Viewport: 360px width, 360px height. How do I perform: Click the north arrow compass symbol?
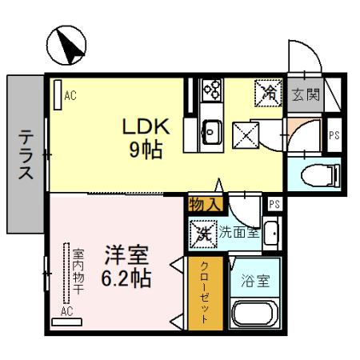click(66, 46)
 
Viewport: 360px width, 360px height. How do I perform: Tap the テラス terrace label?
click(25, 157)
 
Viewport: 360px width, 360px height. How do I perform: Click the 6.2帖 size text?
click(127, 280)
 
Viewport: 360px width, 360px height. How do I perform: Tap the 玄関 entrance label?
click(305, 95)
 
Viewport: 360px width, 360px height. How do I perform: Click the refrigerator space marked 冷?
click(268, 94)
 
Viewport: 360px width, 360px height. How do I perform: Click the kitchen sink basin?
click(213, 129)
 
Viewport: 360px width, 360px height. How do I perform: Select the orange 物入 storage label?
click(204, 204)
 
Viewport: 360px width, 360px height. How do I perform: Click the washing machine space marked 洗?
click(203, 234)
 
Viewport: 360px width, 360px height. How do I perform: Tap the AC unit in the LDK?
click(57, 95)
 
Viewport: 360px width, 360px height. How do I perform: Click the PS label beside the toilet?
click(334, 135)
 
